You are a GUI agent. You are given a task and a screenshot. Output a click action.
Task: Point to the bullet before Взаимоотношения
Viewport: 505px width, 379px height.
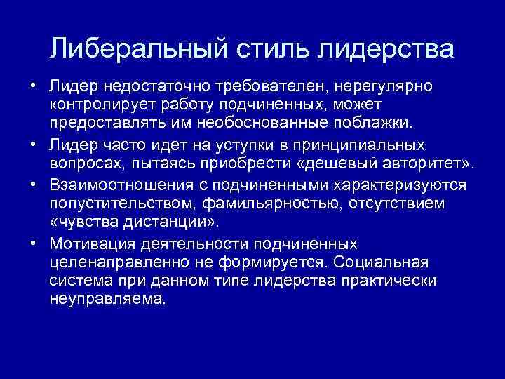coord(33,185)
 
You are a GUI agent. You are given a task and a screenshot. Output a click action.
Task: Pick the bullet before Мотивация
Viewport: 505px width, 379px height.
coord(33,244)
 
